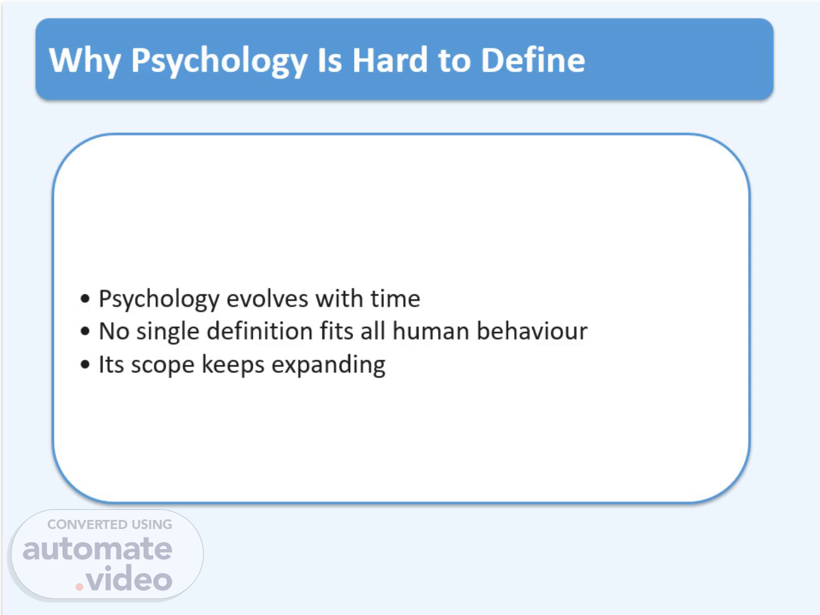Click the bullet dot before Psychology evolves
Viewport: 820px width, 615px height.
click(x=85, y=298)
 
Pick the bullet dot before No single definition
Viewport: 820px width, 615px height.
click(x=85, y=331)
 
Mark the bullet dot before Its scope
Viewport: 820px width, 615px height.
click(x=85, y=364)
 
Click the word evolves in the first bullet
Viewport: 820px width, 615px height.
click(x=268, y=299)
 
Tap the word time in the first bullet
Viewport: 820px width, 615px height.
click(x=395, y=299)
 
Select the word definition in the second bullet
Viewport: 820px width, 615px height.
click(x=260, y=331)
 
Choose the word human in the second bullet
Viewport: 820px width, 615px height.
click(x=430, y=331)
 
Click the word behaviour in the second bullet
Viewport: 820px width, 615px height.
click(x=532, y=331)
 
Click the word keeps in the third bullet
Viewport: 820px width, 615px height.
click(x=233, y=365)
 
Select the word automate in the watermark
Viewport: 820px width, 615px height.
click(x=97, y=549)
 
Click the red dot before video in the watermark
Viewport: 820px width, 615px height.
click(x=79, y=587)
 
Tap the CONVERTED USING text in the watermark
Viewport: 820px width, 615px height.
click(x=110, y=524)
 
